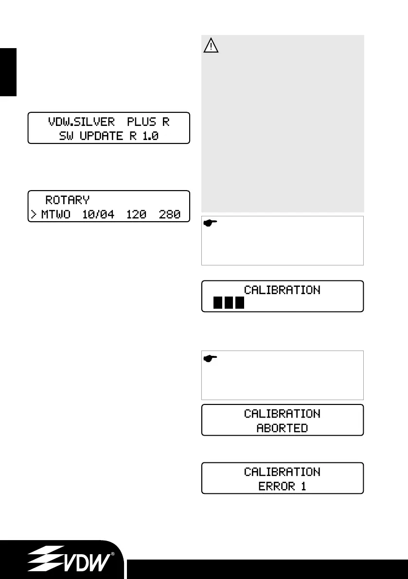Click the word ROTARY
[x=68, y=200]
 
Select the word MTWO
[x=55, y=214]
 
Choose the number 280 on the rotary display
[x=170, y=214]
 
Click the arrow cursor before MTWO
[x=35, y=214]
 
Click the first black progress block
[x=218, y=304]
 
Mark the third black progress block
[x=239, y=304]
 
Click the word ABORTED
[x=282, y=428]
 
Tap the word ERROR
[x=274, y=486]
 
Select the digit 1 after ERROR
[x=303, y=486]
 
